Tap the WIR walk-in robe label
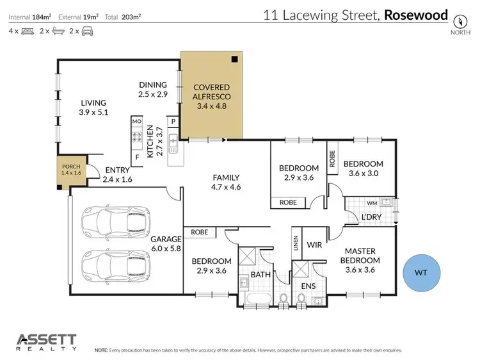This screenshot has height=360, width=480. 314,244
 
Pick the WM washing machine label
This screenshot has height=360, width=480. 371,202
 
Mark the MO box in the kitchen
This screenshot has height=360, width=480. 136,121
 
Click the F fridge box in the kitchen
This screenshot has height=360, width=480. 136,157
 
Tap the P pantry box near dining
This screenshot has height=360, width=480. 173,122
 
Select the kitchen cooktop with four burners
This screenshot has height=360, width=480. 136,136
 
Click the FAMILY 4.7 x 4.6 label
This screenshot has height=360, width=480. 226,183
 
